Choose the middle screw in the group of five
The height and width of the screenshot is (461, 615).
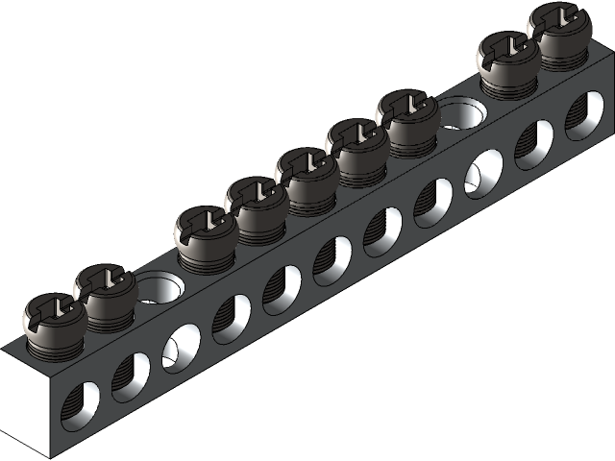[307, 174]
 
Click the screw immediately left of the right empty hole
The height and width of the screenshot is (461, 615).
[407, 115]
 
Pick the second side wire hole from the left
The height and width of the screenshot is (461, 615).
[130, 376]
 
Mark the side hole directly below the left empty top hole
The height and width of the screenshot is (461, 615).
[181, 347]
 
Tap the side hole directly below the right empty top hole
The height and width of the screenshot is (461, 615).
[483, 174]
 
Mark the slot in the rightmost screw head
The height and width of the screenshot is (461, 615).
[559, 19]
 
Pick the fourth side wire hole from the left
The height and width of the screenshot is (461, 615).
[231, 318]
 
